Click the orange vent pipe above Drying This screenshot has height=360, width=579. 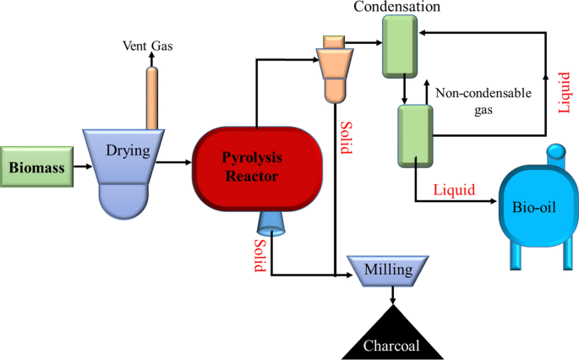152,97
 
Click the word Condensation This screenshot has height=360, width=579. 397,8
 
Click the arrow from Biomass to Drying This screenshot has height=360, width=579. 83,165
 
